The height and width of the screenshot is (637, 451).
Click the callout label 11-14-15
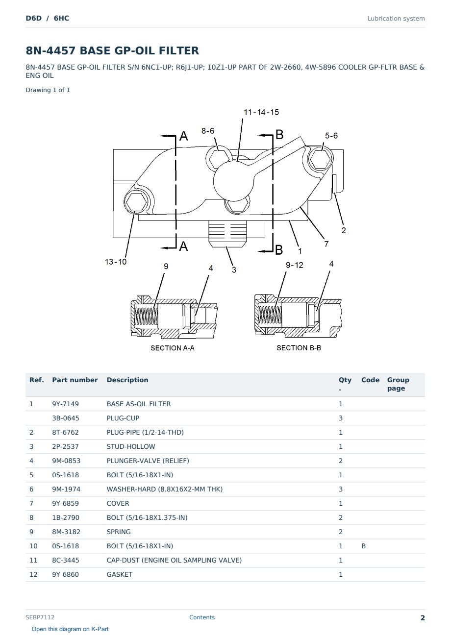click(x=261, y=112)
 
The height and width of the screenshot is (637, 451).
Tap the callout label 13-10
click(x=116, y=262)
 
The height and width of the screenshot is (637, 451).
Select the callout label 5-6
click(x=331, y=136)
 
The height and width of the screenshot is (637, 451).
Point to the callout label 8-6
click(x=208, y=131)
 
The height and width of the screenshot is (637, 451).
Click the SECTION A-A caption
click(x=173, y=348)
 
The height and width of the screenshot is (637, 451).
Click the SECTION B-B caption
click(x=299, y=348)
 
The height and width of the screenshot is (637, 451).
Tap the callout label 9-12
click(x=295, y=265)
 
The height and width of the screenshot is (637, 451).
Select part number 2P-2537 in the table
click(x=65, y=446)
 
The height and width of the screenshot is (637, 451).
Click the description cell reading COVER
click(x=118, y=503)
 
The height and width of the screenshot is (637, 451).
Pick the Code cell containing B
click(x=363, y=546)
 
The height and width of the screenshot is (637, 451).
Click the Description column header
click(x=127, y=380)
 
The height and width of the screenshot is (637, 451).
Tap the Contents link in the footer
click(x=202, y=617)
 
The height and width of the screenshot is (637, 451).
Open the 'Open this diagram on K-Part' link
click(x=70, y=629)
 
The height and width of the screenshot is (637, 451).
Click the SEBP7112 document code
click(x=40, y=617)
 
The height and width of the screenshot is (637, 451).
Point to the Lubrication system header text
click(x=396, y=19)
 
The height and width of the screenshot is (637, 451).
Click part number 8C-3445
click(x=66, y=560)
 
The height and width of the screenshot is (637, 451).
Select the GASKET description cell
click(x=120, y=574)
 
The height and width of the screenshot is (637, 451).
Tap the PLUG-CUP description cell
click(x=123, y=418)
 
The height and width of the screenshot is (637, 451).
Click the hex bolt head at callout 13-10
click(x=136, y=202)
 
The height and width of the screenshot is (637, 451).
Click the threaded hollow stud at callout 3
click(x=227, y=234)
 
